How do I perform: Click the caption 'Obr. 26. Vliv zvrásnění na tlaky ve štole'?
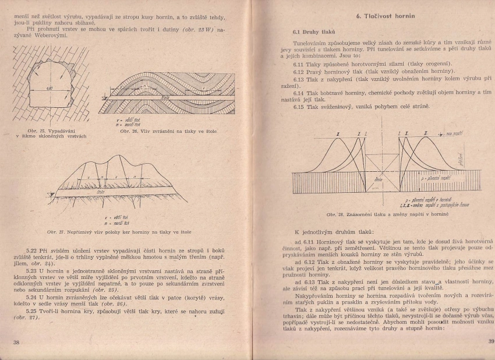169,132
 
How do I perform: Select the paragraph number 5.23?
31,270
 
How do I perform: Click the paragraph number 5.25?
31,310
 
